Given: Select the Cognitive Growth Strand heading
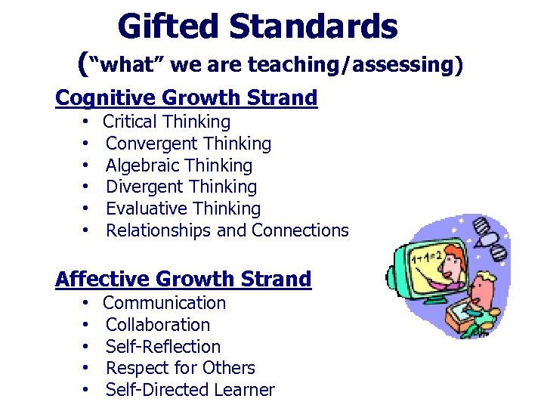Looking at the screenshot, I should [x=187, y=98].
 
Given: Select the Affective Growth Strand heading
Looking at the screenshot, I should [x=184, y=280].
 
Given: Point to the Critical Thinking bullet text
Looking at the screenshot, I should [x=166, y=122].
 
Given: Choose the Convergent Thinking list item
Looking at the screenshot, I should [x=188, y=144].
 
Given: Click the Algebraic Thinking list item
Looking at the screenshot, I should [x=179, y=165].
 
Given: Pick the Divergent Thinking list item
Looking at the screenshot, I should [x=181, y=187].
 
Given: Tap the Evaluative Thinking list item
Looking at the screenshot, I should [x=183, y=209].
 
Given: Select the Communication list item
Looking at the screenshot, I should [x=164, y=303].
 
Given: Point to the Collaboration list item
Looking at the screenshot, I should [x=158, y=325].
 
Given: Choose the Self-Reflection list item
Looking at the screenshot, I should [x=163, y=347].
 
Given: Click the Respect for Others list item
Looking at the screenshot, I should [x=181, y=368].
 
